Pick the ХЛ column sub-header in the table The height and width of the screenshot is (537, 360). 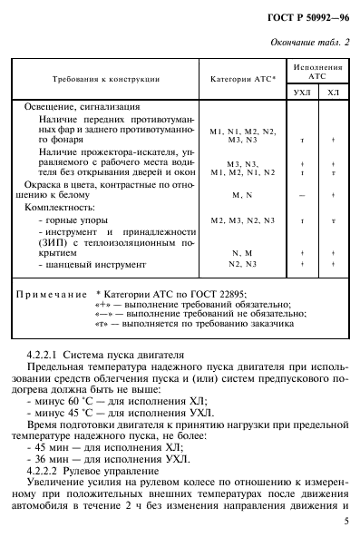[x=333, y=91]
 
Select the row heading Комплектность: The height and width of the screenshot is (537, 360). [x=63, y=208]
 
